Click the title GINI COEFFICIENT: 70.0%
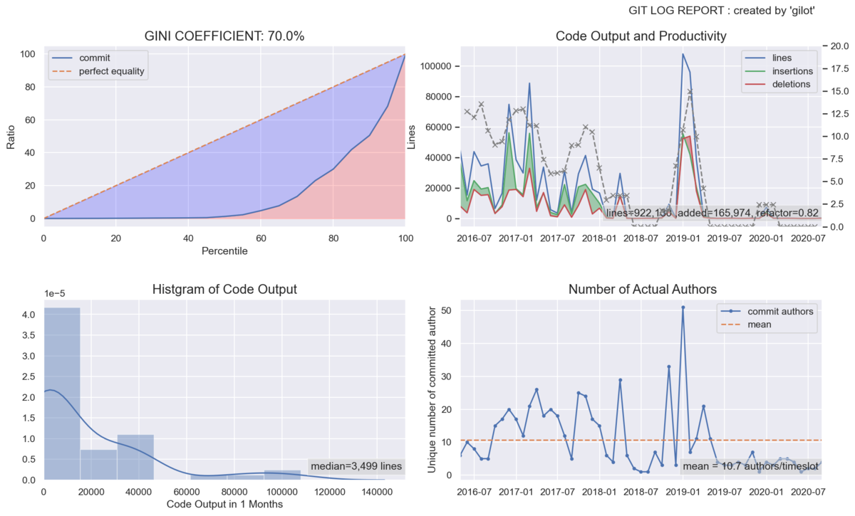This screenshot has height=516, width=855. [x=224, y=36]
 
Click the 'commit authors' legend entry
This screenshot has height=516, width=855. [x=773, y=311]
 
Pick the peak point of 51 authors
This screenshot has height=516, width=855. [x=683, y=307]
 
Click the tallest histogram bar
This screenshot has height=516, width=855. [x=62, y=394]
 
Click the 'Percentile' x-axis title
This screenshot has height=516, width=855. [x=224, y=251]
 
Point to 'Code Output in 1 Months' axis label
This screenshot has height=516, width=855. [x=224, y=505]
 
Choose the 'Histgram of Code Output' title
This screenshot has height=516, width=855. [x=224, y=290]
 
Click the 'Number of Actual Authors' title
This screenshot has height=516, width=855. [x=642, y=290]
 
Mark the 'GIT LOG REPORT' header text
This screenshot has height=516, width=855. [x=722, y=11]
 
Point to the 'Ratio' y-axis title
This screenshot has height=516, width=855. [x=11, y=135]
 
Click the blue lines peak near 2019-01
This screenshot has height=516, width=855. [x=683, y=54]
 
